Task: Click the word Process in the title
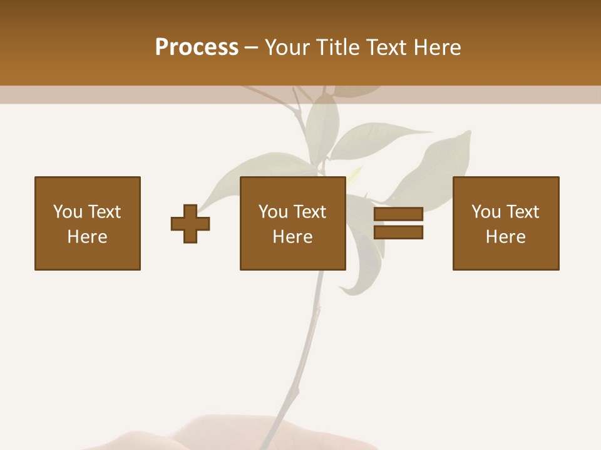(x=197, y=47)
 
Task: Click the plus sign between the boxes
(x=190, y=223)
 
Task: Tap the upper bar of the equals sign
(x=398, y=214)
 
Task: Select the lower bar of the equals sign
(x=398, y=232)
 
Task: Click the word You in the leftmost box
(x=68, y=212)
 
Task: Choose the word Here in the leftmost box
(x=87, y=237)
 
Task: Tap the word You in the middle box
(x=273, y=212)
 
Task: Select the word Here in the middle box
(x=292, y=237)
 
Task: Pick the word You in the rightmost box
(x=486, y=212)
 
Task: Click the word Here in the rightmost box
(x=505, y=237)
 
